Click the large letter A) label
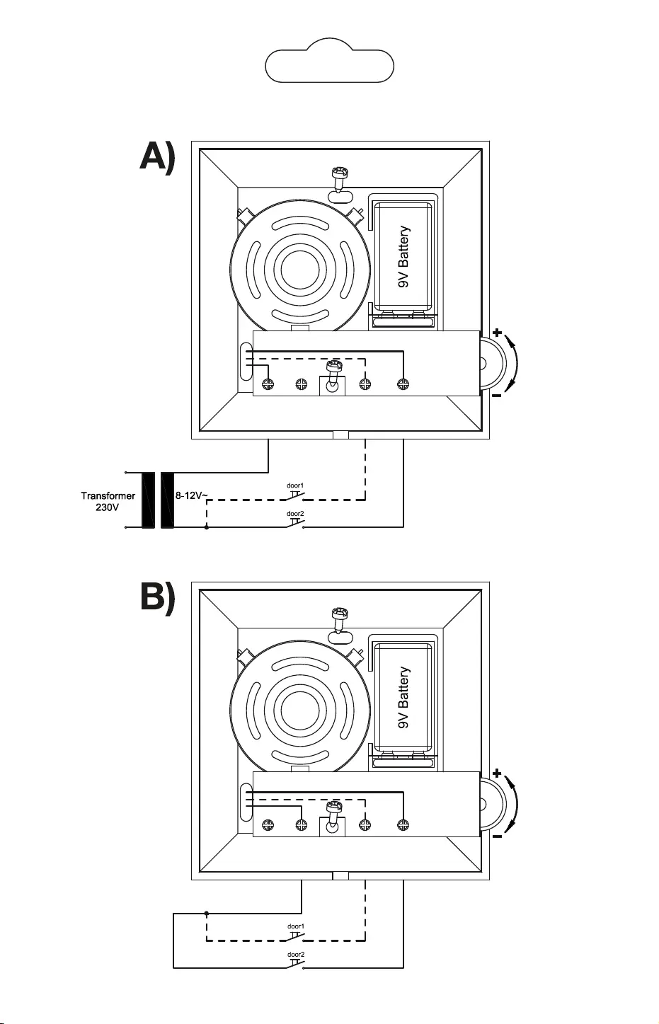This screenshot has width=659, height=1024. [156, 157]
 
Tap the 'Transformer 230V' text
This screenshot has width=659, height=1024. [108, 502]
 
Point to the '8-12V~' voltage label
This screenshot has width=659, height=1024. [191, 496]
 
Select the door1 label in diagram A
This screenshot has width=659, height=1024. [295, 485]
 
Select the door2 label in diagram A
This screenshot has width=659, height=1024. [295, 514]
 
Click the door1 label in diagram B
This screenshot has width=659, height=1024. [295, 926]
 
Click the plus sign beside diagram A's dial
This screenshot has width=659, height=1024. [497, 332]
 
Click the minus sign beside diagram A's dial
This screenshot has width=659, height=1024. [497, 396]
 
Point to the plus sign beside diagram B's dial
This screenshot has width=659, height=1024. [497, 773]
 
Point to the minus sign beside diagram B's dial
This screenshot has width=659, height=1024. [497, 836]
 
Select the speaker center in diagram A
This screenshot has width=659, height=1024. [301, 270]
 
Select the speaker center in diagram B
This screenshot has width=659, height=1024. [301, 711]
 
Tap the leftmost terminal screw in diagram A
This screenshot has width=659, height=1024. [268, 384]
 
